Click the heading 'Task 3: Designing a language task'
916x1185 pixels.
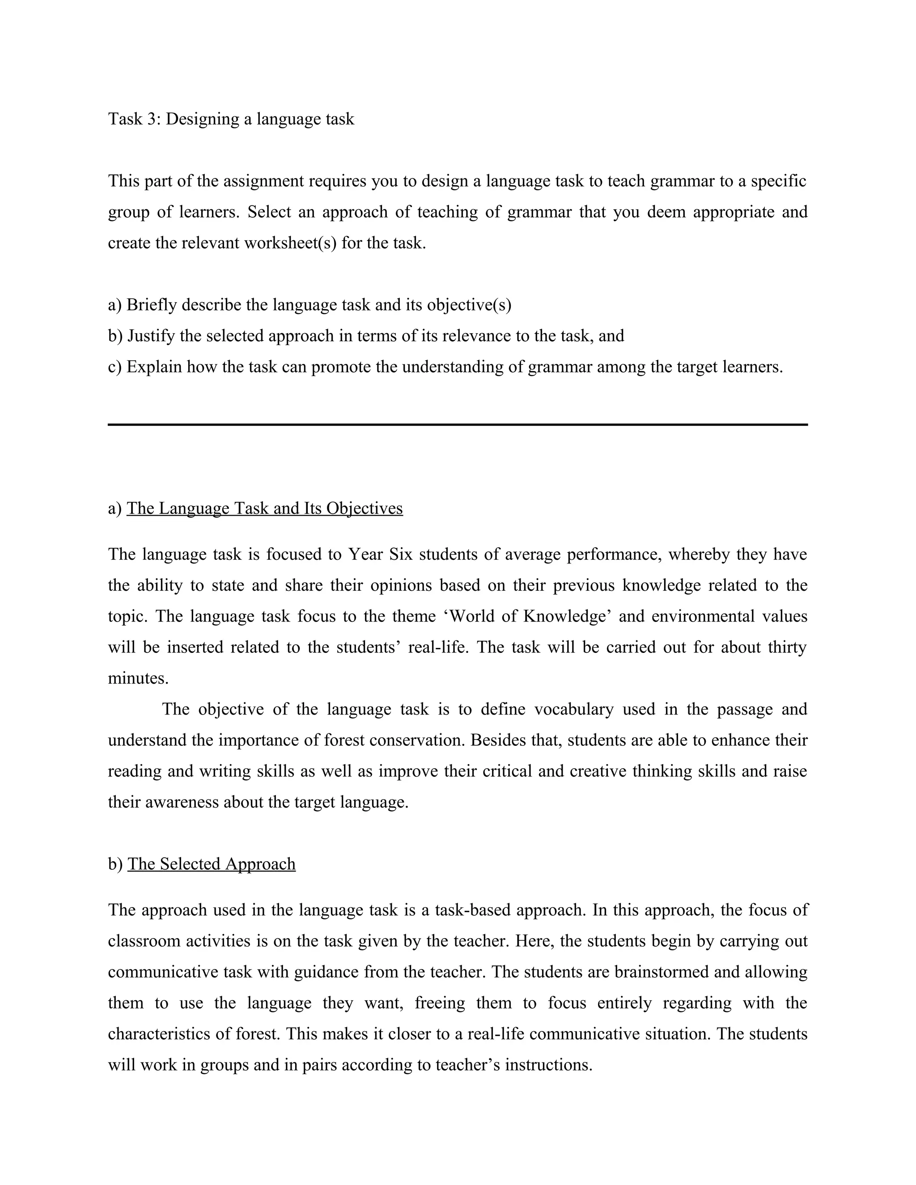click(231, 119)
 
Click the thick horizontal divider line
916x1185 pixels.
click(458, 425)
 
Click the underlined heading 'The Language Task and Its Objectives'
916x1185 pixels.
click(265, 508)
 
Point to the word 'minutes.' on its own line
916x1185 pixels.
click(138, 678)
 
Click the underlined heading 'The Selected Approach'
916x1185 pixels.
click(212, 864)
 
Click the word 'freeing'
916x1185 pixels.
click(440, 1003)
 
